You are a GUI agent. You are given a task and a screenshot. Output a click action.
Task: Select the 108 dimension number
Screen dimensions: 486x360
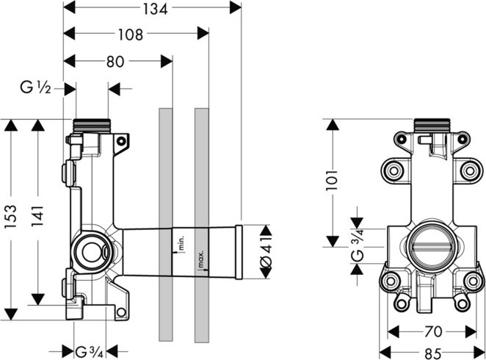tap(131, 35)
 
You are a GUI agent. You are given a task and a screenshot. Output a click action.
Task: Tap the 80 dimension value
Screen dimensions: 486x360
tap(115, 62)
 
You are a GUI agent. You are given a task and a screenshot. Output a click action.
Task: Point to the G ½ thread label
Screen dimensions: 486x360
tap(35, 88)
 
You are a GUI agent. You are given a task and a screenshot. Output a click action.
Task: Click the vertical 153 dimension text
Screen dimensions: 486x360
tap(11, 217)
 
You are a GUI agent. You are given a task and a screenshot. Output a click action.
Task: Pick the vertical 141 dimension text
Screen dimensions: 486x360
tap(38, 215)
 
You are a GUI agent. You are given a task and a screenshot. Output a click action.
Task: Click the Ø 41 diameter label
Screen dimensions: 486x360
tap(266, 251)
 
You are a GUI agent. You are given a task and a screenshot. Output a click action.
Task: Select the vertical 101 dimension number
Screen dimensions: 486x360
tap(332, 180)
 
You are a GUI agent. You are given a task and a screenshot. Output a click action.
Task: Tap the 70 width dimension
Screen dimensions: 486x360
tap(433, 332)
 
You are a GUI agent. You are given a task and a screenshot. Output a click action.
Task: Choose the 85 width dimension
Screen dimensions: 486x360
tap(432, 353)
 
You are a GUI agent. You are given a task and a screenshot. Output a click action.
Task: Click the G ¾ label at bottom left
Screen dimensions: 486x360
tap(89, 352)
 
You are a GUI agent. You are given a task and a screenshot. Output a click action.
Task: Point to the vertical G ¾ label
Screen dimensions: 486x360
tap(357, 245)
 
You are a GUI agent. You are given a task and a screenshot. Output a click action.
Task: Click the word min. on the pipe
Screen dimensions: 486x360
tap(181, 242)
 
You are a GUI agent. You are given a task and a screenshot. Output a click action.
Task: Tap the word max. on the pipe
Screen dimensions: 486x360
tap(200, 259)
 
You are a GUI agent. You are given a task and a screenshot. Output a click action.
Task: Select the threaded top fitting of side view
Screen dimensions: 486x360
tap(92, 126)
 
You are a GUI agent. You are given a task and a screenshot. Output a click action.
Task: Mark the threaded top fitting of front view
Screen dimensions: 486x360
tap(432, 126)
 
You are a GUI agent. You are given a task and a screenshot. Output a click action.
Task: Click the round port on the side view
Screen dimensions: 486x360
tap(92, 251)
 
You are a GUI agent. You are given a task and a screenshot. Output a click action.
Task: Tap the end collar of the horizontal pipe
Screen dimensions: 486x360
tap(239, 253)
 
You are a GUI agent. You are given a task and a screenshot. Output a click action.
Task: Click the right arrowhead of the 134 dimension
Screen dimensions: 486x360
tap(235, 7)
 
